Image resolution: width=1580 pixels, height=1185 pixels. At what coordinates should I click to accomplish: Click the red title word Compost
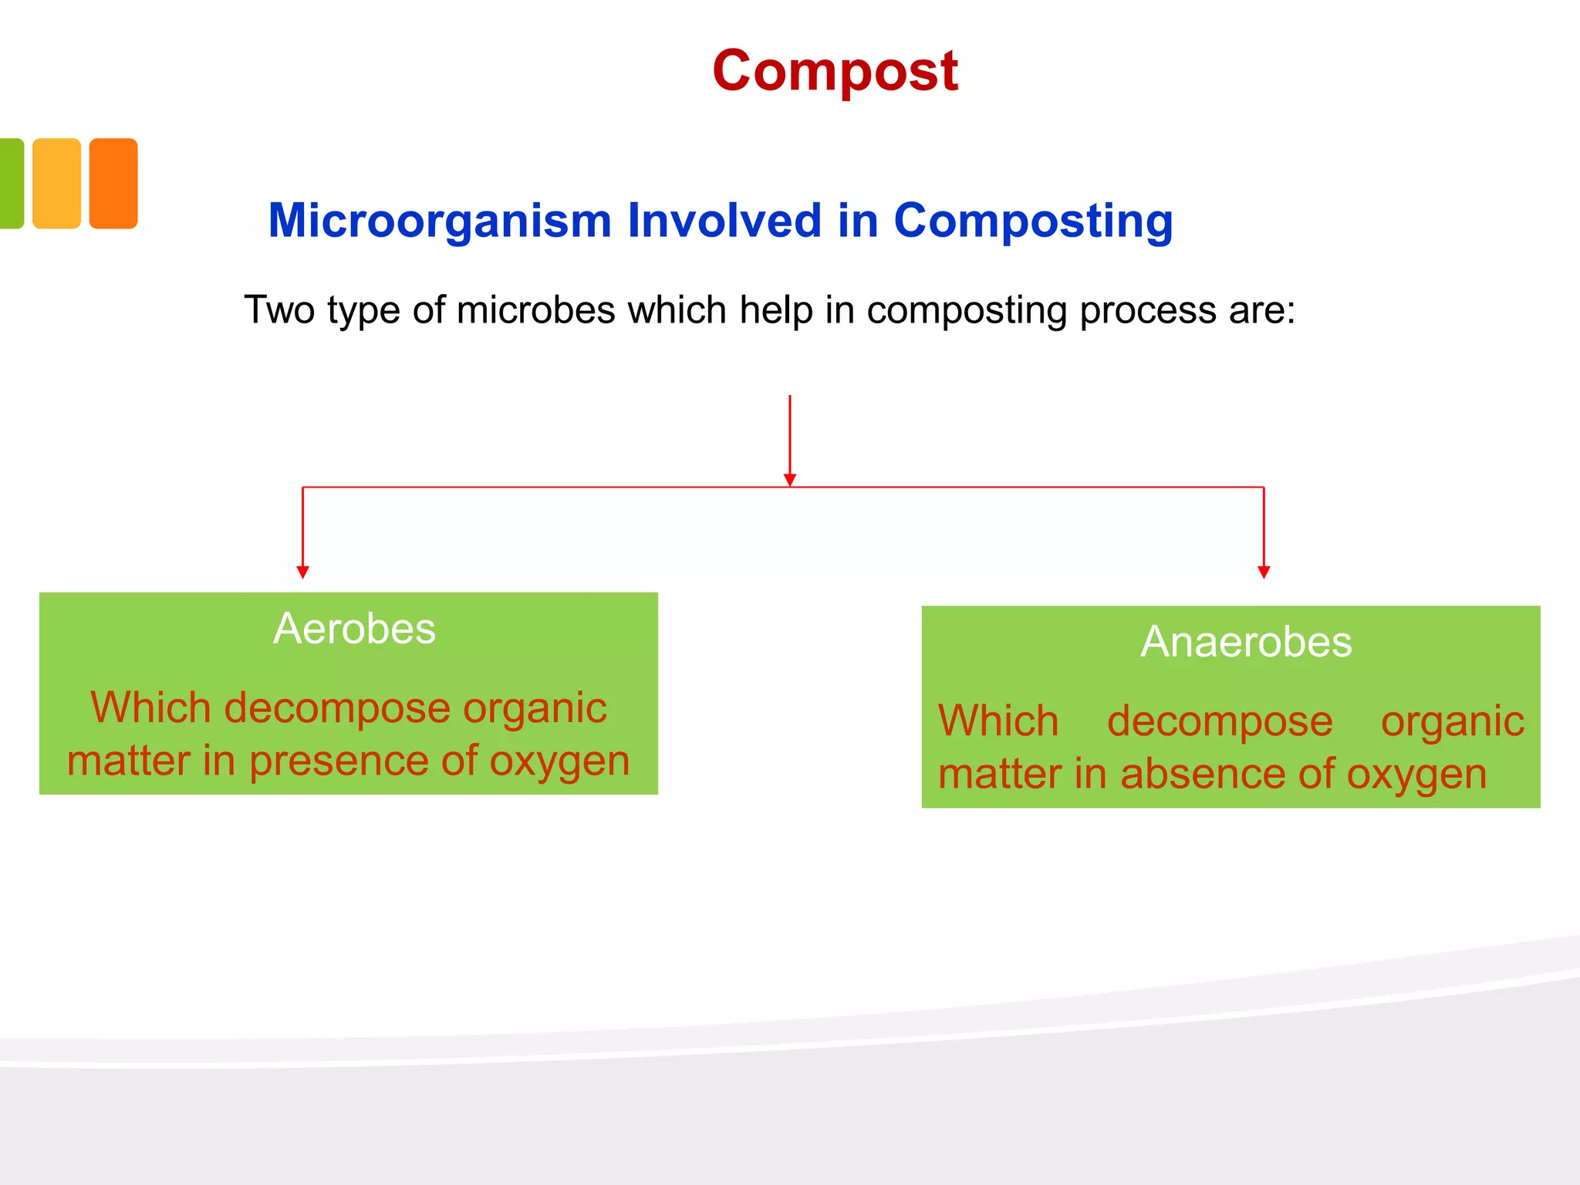pos(835,71)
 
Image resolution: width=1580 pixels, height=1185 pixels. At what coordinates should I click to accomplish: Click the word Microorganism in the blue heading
pos(440,221)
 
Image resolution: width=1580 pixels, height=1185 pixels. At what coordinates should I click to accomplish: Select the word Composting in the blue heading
pos(1033,221)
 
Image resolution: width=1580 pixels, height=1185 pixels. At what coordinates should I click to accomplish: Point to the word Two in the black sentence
pos(279,310)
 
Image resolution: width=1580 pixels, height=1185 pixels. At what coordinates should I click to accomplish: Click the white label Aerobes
pos(354,628)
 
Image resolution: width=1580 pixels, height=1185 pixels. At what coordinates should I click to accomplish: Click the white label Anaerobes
pos(1246,641)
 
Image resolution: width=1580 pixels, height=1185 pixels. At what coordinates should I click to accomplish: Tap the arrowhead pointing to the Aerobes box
pos(302,572)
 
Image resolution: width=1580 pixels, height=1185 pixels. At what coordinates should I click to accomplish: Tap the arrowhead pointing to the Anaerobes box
pos(1264,572)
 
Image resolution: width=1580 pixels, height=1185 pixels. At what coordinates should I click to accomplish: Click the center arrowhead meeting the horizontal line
pos(789,480)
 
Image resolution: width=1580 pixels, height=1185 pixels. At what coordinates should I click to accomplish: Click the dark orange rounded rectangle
pos(113,184)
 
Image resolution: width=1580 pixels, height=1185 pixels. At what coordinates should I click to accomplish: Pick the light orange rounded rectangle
pos(56,184)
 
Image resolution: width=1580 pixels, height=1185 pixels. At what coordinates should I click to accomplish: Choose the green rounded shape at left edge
pos(11,184)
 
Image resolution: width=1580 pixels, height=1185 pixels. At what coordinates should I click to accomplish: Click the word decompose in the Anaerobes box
pos(1219,721)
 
